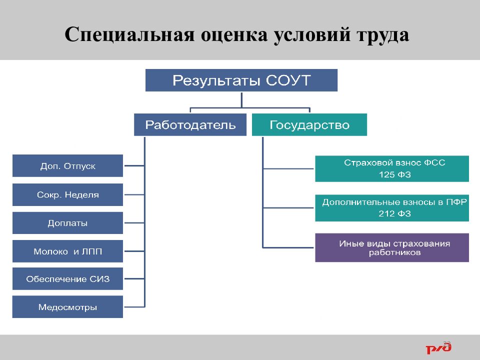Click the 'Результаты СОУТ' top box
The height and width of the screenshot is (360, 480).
[x=241, y=80]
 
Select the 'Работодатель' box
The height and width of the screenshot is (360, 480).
[x=190, y=125]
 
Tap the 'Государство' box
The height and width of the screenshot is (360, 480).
[x=309, y=125]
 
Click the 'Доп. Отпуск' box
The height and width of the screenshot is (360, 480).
[x=67, y=166]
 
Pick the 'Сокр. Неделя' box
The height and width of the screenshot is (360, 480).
[x=67, y=195]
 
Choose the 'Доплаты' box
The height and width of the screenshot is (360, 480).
[x=67, y=223]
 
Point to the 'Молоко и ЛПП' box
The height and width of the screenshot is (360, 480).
[x=67, y=251]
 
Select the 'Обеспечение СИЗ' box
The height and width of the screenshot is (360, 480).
[x=67, y=279]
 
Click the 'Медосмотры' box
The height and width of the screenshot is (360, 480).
[x=67, y=307]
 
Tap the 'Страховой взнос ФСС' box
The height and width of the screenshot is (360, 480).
[x=392, y=168]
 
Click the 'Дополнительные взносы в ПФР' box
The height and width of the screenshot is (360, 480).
[x=392, y=207]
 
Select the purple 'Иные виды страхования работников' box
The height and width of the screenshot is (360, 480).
[x=392, y=248]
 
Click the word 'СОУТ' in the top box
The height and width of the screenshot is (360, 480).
[x=288, y=80]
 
